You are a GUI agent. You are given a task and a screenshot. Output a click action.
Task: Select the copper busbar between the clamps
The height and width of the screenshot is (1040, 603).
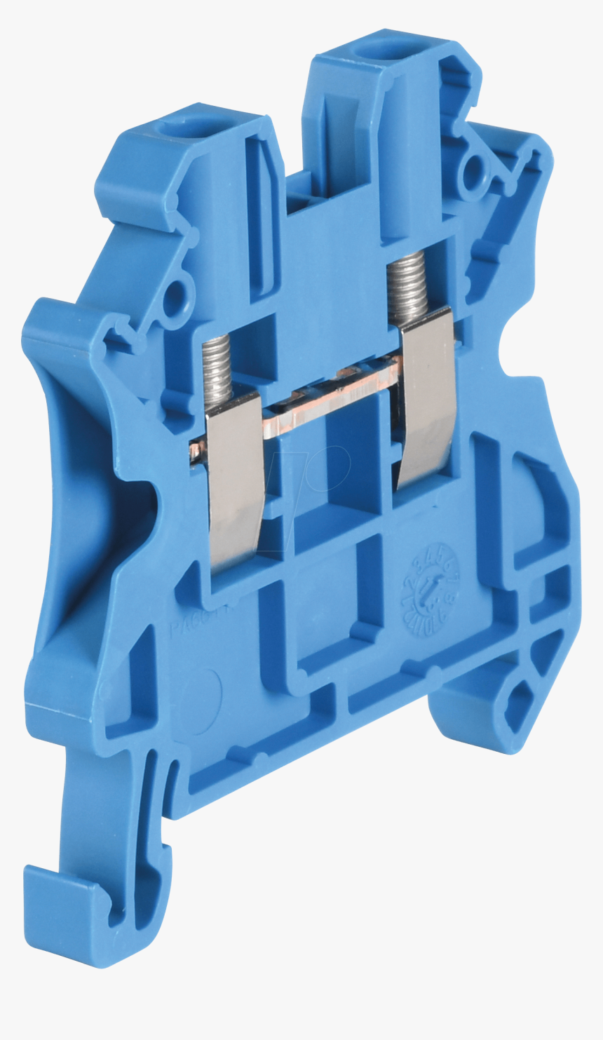[x=330, y=400]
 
